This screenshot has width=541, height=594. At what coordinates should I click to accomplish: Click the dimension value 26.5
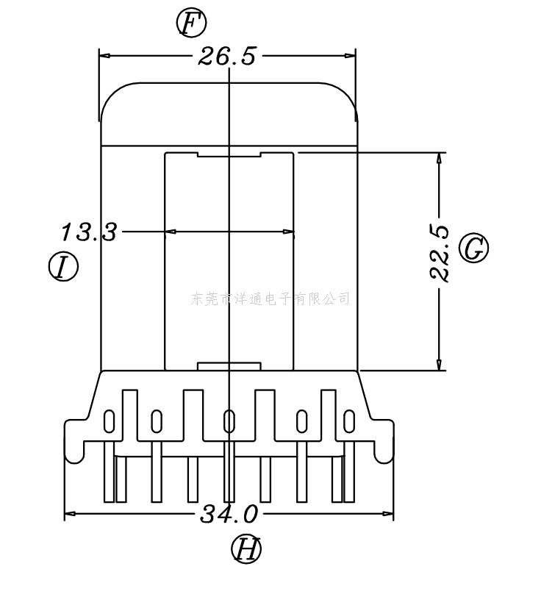pyautogui.click(x=227, y=57)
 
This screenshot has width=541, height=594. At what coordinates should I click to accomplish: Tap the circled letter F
pyautogui.click(x=191, y=24)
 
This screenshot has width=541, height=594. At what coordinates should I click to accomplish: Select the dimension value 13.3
pyautogui.click(x=88, y=232)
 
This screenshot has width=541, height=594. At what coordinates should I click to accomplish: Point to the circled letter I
pyautogui.click(x=63, y=266)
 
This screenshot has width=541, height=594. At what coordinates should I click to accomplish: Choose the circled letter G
pyautogui.click(x=474, y=248)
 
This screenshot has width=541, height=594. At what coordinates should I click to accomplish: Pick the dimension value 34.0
pyautogui.click(x=229, y=514)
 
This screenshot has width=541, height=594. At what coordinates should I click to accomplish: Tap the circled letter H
pyautogui.click(x=246, y=548)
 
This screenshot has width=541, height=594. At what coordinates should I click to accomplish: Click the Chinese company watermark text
pyautogui.click(x=270, y=298)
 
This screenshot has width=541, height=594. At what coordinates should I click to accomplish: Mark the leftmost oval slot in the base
pyautogui.click(x=109, y=422)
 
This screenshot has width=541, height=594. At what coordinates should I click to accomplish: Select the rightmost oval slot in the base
pyautogui.click(x=349, y=422)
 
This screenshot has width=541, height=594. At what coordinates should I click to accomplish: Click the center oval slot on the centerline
pyautogui.click(x=229, y=422)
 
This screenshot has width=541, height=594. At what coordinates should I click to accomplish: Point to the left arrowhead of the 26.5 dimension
pyautogui.click(x=104, y=56)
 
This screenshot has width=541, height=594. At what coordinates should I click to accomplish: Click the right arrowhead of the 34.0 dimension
pyautogui.click(x=389, y=514)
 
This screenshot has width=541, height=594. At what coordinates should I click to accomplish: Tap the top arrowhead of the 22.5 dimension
pyautogui.click(x=440, y=157)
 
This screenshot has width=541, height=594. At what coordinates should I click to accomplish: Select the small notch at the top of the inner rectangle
pyautogui.click(x=229, y=154)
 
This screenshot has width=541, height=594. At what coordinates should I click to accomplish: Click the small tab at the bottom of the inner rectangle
pyautogui.click(x=229, y=365)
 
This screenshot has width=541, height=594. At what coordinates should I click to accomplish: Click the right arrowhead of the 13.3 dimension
pyautogui.click(x=290, y=232)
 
